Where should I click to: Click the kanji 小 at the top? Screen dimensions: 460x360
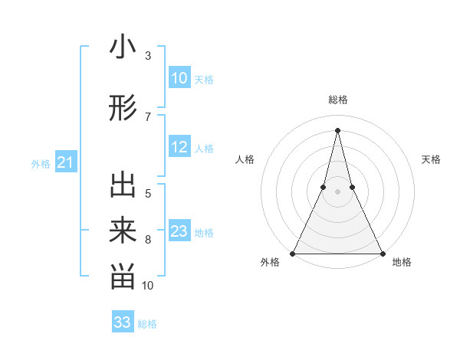point(123,47)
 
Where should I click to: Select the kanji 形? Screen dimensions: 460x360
point(123,109)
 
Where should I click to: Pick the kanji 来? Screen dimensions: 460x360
point(123,231)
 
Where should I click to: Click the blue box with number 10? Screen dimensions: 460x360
point(179,78)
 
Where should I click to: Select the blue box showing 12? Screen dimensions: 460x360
point(179,148)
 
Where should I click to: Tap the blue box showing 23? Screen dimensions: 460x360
point(179,231)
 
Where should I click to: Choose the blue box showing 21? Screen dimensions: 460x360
point(65,162)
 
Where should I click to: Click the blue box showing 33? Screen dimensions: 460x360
point(123,322)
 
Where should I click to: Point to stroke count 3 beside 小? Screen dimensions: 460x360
point(148,56)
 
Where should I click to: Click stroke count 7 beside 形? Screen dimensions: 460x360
point(148,116)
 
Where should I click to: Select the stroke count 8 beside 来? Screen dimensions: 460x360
point(148,240)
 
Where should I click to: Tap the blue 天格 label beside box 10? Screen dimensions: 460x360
point(204,80)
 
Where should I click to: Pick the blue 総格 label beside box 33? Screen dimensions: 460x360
point(147,324)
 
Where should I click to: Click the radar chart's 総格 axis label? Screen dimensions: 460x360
point(338,100)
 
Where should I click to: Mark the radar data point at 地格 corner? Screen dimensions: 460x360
point(382,253)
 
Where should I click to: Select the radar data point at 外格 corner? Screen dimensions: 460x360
point(293,253)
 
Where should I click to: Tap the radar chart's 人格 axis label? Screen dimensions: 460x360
point(245,159)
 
